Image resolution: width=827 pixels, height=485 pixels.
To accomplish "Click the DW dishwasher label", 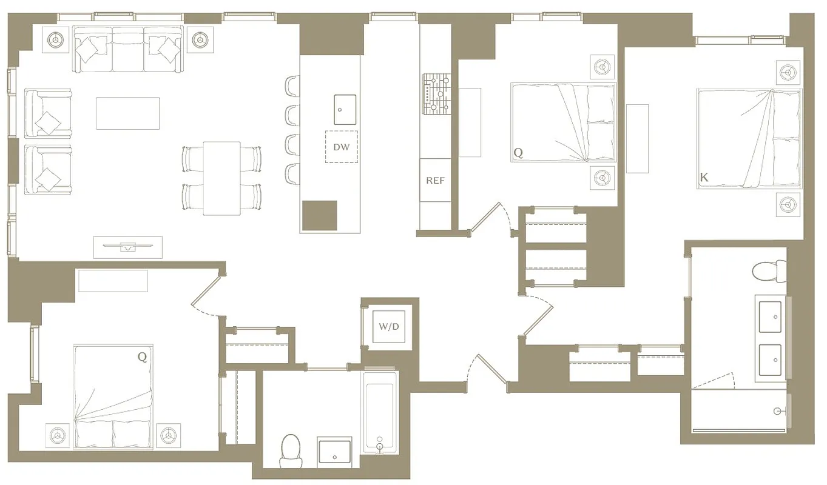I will point(341,147).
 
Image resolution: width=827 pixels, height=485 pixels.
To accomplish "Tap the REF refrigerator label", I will point(434,180).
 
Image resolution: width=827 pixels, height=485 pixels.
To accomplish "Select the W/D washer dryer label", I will point(389,327).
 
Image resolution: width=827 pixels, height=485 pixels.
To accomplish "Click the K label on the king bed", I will point(704,178).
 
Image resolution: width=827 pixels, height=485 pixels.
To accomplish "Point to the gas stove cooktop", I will point(436,94).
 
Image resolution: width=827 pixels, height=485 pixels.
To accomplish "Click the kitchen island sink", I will point(344,109).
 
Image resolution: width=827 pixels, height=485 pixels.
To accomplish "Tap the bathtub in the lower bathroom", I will point(380,412).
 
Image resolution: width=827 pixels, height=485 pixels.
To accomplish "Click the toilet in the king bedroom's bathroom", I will point(769,270).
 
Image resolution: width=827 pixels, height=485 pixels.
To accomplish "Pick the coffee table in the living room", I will point(127,113).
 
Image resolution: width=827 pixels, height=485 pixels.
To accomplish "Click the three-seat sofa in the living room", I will point(127,49).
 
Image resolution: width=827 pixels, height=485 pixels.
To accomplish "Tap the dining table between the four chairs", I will point(221,178).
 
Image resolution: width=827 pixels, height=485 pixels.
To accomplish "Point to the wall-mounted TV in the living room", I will point(127,246).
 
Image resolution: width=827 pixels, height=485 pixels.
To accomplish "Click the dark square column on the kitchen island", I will point(319,215).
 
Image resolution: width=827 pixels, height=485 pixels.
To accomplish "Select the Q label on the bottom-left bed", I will point(142,357).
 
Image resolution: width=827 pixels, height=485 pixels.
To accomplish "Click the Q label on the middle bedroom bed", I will point(518,153).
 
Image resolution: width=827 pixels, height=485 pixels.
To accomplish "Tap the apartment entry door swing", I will point(485,370).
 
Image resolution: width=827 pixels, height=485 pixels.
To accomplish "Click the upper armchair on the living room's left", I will point(48,113).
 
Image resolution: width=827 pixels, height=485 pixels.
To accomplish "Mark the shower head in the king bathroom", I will point(778,411).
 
